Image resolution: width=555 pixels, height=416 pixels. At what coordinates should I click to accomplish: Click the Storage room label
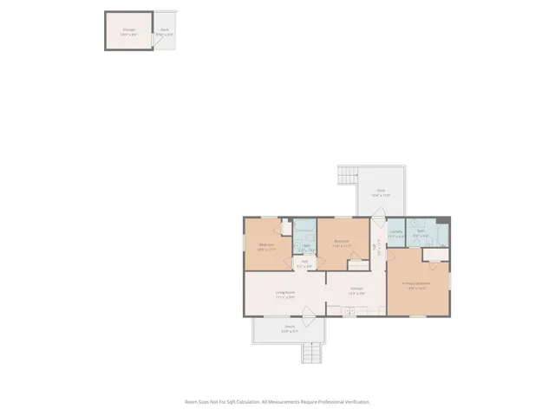[128, 31]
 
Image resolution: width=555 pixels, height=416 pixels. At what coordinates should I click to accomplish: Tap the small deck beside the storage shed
[164, 32]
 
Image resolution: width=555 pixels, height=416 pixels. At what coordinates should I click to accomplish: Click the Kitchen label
[356, 289]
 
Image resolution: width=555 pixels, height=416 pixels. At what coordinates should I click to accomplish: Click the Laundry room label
[395, 232]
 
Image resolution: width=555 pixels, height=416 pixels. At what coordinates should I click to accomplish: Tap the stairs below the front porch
[311, 354]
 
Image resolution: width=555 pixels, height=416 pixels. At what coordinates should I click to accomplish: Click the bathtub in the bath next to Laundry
[441, 234]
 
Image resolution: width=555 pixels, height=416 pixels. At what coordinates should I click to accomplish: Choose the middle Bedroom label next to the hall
[342, 243]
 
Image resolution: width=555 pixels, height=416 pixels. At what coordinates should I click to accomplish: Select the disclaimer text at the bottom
[277, 402]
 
